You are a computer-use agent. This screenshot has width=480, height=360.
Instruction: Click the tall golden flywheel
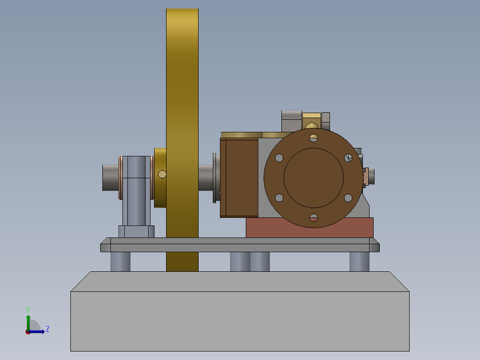(x=182, y=89)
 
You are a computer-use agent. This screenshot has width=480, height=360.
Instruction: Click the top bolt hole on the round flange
(x=314, y=137)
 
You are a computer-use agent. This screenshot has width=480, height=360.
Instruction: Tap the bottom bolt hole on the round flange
(x=314, y=217)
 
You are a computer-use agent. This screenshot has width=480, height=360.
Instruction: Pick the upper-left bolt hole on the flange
(x=279, y=158)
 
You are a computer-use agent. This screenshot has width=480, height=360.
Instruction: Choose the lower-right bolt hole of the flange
(x=348, y=197)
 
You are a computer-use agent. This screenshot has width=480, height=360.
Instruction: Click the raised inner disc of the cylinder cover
(x=313, y=177)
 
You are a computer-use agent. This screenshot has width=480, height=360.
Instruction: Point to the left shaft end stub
(x=110, y=178)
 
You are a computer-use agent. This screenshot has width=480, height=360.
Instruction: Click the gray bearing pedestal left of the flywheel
(x=136, y=192)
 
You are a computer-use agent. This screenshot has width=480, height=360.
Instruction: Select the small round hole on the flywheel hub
(x=163, y=174)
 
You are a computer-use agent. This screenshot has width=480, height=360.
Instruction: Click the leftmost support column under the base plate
(x=120, y=262)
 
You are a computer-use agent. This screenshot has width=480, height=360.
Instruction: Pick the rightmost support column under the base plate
(x=359, y=262)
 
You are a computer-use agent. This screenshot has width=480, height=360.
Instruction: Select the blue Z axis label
(x=47, y=329)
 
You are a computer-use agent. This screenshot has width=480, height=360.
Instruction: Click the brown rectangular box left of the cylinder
(x=239, y=177)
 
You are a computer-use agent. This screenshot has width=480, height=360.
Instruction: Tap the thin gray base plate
(x=240, y=245)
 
